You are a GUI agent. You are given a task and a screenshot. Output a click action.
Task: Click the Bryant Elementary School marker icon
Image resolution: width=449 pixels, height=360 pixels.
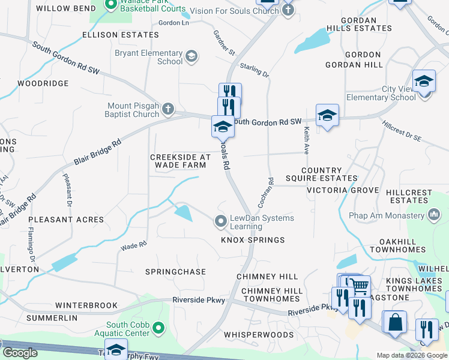[191, 56]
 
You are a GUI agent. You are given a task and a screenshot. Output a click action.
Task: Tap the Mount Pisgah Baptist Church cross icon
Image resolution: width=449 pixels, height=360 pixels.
[168, 109]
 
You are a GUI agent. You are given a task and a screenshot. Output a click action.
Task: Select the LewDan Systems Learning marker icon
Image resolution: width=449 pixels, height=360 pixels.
[221, 222]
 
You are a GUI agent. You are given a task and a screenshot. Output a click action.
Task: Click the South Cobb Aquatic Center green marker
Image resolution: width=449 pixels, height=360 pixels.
[158, 328]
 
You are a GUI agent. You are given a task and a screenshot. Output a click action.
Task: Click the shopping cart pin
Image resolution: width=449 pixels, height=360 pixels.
[360, 287]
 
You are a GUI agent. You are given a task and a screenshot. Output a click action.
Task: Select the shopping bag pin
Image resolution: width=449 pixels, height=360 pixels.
[396, 322]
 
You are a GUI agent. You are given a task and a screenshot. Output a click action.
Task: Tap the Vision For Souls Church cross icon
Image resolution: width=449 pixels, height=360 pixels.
[288, 10]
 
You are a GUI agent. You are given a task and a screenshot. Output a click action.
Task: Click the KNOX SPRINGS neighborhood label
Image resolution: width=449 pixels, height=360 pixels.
[253, 240]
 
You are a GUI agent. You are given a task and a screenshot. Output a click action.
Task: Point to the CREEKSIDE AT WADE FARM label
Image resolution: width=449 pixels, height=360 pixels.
[180, 161]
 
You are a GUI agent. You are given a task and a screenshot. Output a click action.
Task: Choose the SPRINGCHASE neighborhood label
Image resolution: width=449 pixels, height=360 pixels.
[175, 272]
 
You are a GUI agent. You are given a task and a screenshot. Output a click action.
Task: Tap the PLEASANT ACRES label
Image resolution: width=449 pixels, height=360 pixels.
[65, 220]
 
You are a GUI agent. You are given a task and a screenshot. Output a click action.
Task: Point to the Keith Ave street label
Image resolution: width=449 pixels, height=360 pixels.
[306, 139]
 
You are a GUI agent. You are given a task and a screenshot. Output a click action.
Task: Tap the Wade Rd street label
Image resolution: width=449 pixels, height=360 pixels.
[134, 245]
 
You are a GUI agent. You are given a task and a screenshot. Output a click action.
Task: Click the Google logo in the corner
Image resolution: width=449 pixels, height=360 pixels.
[20, 353]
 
